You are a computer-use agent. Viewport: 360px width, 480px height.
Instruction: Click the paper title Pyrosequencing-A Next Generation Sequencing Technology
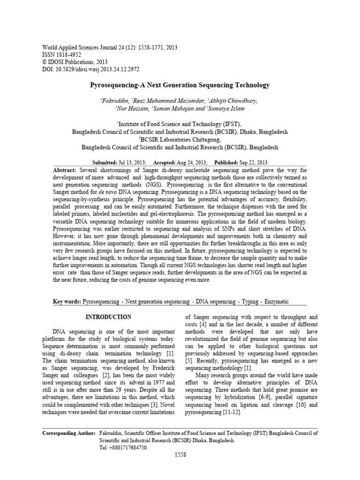[x=180, y=85]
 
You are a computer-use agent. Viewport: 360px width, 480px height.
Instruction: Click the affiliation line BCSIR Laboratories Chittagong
[x=180, y=139]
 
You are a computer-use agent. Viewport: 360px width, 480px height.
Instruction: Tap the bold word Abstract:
[x=65, y=170]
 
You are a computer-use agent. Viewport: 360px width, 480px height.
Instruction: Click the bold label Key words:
[x=67, y=302]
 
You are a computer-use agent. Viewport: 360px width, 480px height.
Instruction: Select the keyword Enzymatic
[x=277, y=302]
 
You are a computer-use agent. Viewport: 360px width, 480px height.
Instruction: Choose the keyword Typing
[x=249, y=302]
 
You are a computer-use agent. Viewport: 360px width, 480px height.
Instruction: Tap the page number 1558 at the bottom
[x=180, y=455]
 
